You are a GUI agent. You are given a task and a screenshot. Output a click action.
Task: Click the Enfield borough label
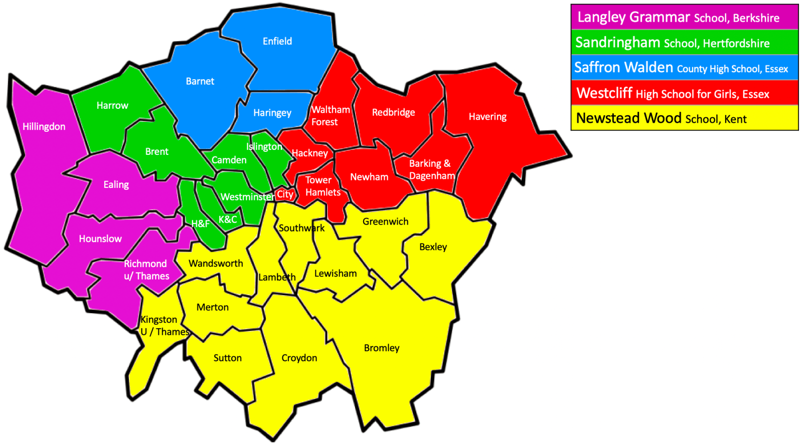tap(277, 41)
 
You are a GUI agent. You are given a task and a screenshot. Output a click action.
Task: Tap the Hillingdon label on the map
tap(44, 126)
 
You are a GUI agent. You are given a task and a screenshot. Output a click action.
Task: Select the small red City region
tap(285, 194)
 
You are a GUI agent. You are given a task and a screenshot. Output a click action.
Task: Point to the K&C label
tap(228, 219)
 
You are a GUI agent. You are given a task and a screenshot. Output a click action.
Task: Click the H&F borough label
tap(200, 224)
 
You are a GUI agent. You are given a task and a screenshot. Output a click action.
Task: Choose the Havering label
tap(487, 117)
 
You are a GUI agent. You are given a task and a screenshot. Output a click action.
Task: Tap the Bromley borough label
tap(381, 348)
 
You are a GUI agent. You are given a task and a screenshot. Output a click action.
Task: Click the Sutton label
tap(227, 358)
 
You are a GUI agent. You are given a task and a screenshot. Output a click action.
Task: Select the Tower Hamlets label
tap(322, 186)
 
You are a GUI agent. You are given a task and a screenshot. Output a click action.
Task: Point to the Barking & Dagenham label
tap(431, 169)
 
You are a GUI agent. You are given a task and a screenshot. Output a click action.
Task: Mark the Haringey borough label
tap(272, 113)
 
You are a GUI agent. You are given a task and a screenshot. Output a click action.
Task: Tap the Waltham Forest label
tap(330, 116)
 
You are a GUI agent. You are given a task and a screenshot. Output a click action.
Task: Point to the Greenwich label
tap(385, 221)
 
